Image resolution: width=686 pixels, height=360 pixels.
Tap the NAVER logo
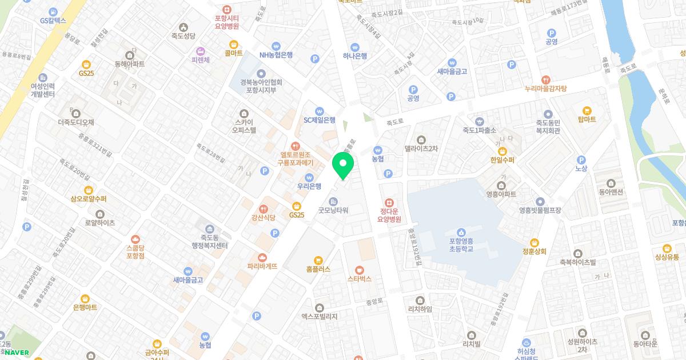click(17, 353)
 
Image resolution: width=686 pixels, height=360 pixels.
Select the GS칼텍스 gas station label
click(53, 20)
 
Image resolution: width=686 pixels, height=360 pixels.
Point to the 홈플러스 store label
click(318, 269)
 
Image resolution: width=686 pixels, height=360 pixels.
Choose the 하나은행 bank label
click(354, 55)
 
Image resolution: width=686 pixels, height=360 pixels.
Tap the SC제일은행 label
click(319, 120)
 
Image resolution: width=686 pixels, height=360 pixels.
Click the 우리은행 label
click(309, 186)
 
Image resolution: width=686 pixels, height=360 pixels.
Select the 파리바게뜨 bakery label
click(262, 266)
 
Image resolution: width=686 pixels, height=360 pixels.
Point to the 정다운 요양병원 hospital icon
click(390, 203)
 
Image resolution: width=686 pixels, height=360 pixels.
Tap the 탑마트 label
click(587, 119)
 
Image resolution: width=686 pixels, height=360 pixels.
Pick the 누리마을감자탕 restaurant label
click(545, 89)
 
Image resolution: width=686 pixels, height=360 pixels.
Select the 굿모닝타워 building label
click(333, 210)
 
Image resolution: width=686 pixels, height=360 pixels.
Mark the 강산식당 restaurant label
click(264, 217)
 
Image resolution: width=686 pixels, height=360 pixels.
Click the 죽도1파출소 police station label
click(479, 130)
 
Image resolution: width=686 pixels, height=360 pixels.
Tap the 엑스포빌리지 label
click(320, 316)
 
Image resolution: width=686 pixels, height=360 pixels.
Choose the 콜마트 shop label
click(233, 53)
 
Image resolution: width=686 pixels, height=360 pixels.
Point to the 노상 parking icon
click(581, 161)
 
